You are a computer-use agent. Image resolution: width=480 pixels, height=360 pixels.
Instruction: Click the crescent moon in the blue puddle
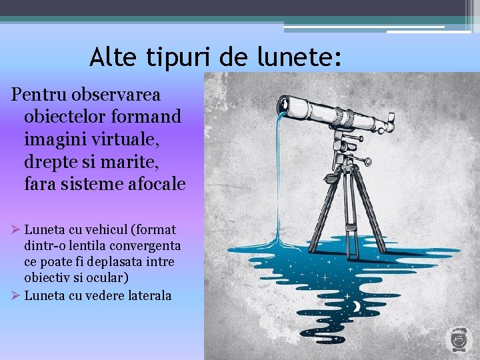pyautogui.click(x=357, y=305)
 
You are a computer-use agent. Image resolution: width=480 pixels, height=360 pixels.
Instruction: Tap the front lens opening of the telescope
pyautogui.click(x=282, y=104)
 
